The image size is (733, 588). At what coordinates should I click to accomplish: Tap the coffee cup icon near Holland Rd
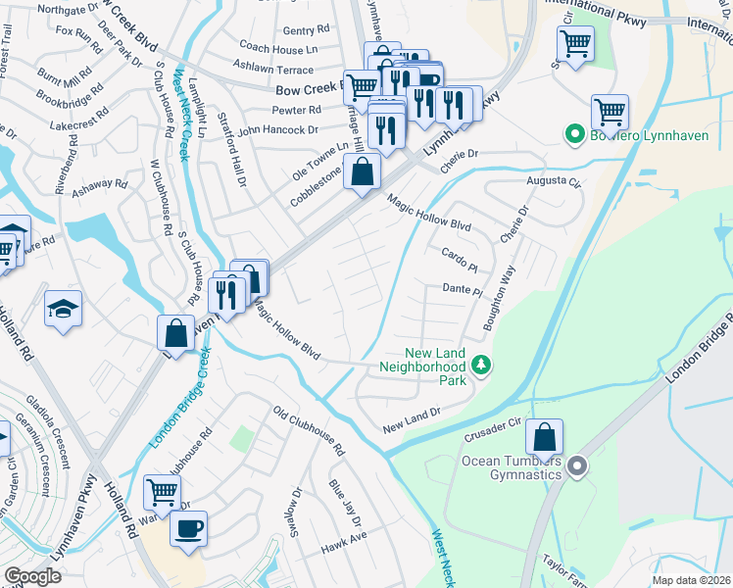188,529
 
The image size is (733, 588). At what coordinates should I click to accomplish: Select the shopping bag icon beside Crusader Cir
544,436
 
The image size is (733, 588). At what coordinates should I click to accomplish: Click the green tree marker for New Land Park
480,366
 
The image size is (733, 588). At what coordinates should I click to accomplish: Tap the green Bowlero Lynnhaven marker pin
573,133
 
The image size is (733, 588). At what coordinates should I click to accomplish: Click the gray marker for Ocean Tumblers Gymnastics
577,467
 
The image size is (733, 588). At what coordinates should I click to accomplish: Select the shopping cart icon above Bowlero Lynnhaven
611,112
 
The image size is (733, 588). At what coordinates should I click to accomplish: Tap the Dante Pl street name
463,291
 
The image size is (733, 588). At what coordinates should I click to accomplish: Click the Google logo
32,576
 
